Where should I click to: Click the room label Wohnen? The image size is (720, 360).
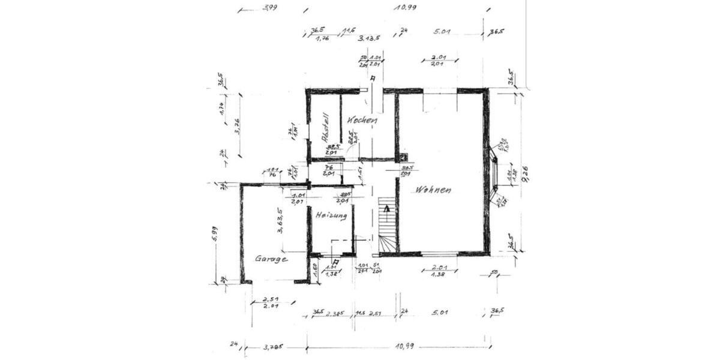pos(432,190)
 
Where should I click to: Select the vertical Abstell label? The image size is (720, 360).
pos(325,127)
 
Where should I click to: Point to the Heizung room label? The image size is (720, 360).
pos(331,215)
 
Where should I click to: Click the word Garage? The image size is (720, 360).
pos(271,259)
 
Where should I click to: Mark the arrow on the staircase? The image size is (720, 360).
pos(387,209)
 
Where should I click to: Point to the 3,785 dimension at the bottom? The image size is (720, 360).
pos(273,346)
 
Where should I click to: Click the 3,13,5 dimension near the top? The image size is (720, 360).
pos(370,39)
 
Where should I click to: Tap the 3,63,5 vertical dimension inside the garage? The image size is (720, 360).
pos(279,220)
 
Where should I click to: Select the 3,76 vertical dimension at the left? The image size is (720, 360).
pos(238,126)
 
